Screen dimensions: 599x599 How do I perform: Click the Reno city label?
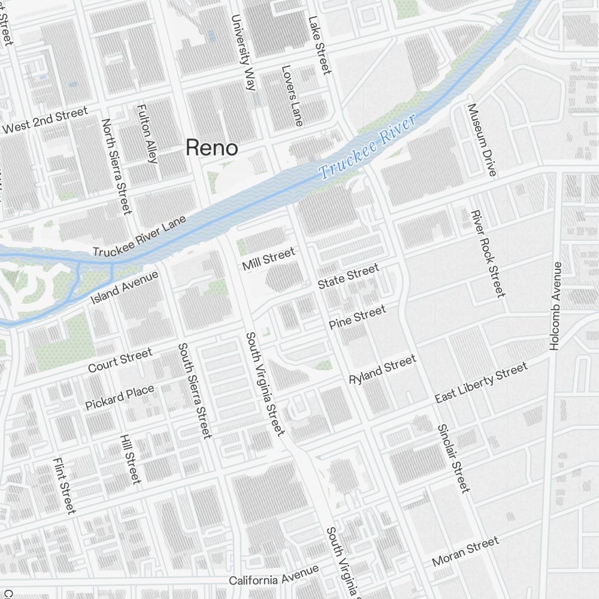click(211, 147)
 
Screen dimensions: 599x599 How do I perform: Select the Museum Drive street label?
click(482, 140)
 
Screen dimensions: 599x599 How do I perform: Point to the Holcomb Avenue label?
click(555, 305)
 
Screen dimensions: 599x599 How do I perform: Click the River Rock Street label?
click(488, 253)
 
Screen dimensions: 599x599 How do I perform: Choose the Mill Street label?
click(268, 259)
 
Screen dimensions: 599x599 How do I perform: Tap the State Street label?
click(348, 276)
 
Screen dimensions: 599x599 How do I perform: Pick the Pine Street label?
click(357, 317)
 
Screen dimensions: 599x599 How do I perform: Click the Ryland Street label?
click(382, 370)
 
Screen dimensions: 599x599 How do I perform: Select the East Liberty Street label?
click(481, 382)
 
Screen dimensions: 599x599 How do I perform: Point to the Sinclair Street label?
click(453, 458)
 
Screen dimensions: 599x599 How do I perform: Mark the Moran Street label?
click(465, 552)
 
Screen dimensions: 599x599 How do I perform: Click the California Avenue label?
click(274, 577)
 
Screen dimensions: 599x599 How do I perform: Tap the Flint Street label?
click(64, 485)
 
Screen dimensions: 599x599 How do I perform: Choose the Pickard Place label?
click(119, 397)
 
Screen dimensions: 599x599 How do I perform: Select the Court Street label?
click(120, 360)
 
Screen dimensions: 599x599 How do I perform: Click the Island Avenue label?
click(124, 287)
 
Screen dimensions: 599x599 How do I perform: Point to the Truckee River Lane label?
click(140, 236)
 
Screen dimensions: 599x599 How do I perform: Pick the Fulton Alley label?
click(147, 134)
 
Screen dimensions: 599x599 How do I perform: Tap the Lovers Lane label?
click(292, 95)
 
